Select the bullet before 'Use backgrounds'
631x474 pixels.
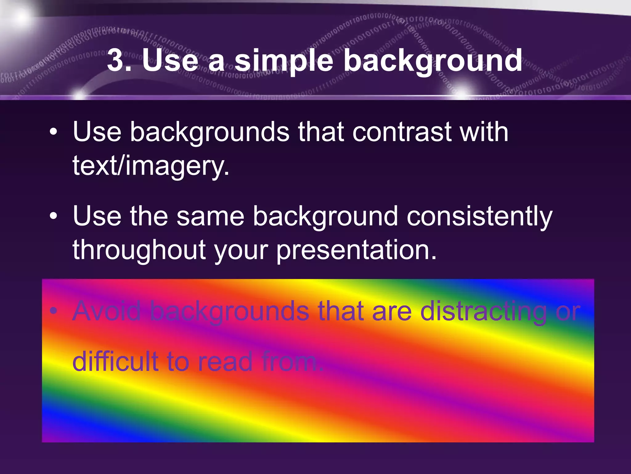click(x=53, y=132)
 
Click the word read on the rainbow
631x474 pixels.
click(x=225, y=362)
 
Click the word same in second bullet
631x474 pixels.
click(x=210, y=217)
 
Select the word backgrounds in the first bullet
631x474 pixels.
click(x=210, y=133)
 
